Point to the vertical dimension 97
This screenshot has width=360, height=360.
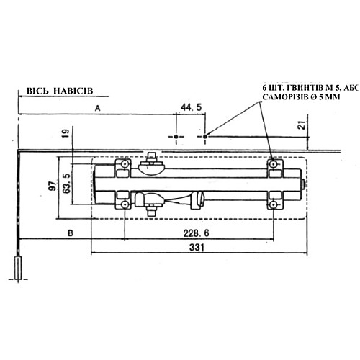(51, 186)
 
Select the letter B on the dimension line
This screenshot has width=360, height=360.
(70, 233)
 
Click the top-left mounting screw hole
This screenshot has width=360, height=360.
(125, 166)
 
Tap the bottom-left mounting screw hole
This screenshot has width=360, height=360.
(125, 205)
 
